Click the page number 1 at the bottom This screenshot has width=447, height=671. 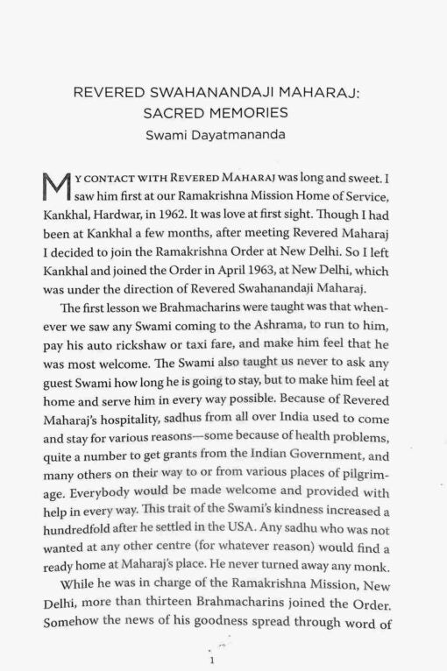211,660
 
